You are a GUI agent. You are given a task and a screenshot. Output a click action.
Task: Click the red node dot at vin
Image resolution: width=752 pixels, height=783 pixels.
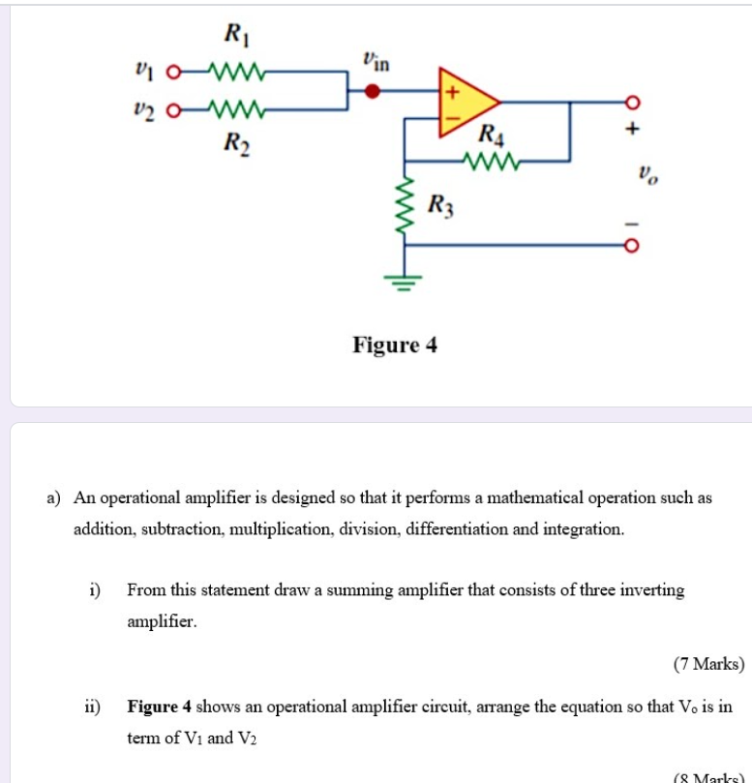tap(372, 92)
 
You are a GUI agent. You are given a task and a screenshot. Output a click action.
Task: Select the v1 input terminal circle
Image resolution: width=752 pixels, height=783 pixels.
tap(173, 72)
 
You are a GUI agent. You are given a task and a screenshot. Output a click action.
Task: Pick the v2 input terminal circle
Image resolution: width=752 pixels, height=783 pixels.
tap(173, 108)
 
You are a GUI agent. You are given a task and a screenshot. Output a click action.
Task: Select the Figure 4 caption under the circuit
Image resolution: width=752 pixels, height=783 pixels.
tap(395, 345)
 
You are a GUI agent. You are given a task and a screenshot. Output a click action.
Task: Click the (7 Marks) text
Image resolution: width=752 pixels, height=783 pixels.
tap(708, 664)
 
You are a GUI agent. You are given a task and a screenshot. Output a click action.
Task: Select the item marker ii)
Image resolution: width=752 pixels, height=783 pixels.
tap(92, 707)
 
